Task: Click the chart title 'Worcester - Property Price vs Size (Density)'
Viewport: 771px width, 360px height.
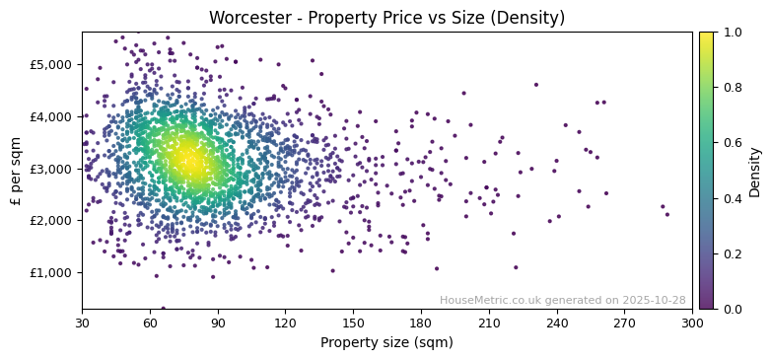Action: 386,18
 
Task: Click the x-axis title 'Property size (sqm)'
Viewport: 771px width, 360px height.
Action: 386,343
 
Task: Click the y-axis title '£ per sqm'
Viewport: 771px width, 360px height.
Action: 17,170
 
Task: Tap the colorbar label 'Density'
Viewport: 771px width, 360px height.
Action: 754,171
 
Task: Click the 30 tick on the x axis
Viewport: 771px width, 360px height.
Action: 82,322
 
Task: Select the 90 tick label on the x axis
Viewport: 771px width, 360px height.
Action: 218,322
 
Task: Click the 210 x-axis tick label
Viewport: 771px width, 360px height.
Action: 489,322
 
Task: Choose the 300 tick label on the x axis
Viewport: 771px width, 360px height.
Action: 692,322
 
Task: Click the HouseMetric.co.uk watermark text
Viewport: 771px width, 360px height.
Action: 562,300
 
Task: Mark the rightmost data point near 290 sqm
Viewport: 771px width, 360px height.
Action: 666,214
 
